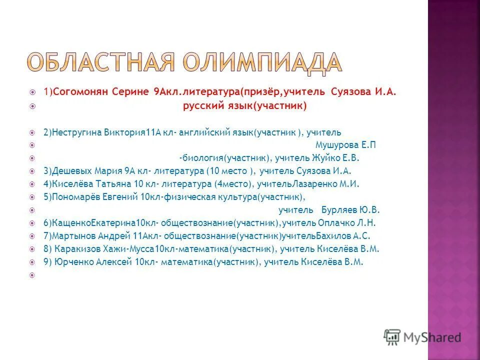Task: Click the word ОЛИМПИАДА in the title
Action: [261, 62]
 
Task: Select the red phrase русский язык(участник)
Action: [244, 106]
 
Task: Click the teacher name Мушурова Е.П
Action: [345, 145]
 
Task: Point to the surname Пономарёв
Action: [76, 197]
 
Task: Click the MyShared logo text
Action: [432, 337]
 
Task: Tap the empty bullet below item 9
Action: [32, 275]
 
